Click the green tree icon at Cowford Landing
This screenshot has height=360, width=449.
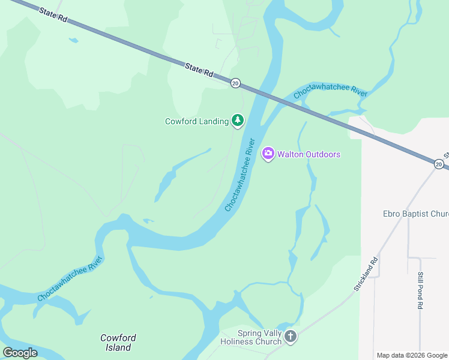point(238,121)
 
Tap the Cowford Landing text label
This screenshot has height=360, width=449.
point(197,121)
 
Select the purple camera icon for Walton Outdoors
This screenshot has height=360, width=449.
point(268,154)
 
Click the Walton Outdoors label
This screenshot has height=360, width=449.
point(309,154)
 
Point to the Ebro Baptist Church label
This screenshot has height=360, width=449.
point(415,214)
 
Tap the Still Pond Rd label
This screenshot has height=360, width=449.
point(420,290)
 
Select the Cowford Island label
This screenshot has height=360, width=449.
point(118,343)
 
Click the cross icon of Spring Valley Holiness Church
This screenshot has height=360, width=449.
point(291,337)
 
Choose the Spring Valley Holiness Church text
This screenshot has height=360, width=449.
point(251,337)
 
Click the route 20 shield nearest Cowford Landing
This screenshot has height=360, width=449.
point(235,83)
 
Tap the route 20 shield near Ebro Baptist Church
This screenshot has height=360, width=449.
point(439,164)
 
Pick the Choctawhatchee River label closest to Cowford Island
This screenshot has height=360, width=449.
point(70,279)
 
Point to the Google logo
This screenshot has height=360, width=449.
point(20,353)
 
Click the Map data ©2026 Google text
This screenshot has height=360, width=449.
point(412,355)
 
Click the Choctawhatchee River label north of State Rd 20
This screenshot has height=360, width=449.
point(330,91)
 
